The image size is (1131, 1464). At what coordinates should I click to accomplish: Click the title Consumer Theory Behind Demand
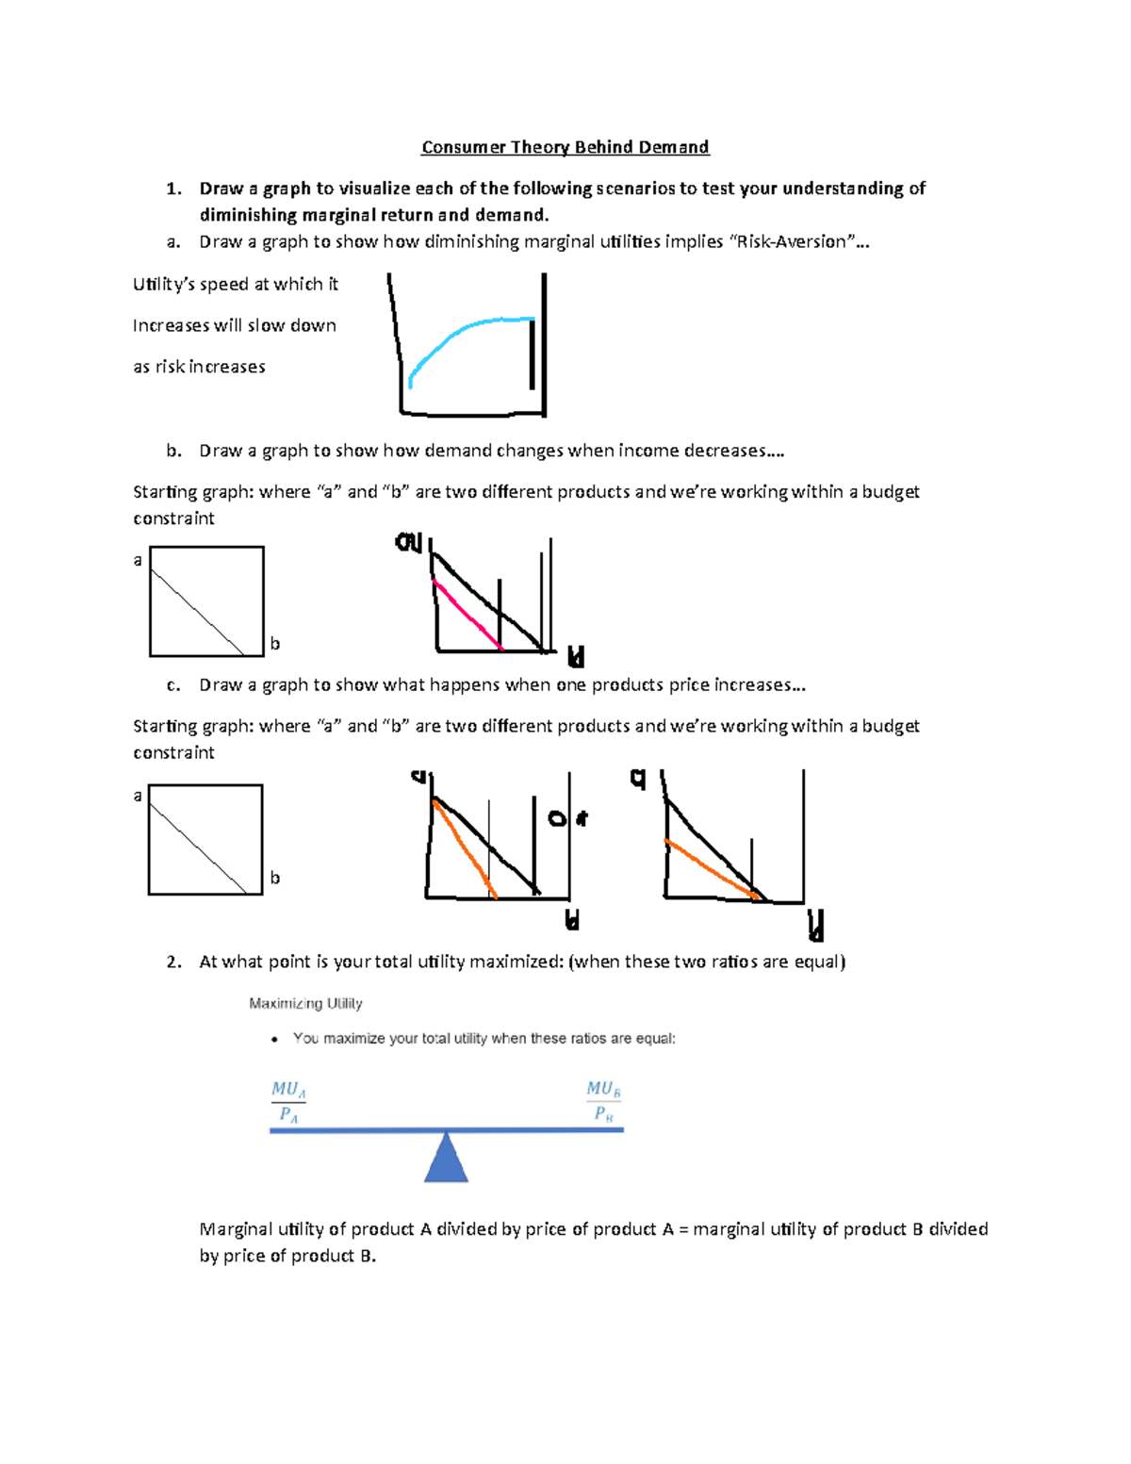[x=565, y=147]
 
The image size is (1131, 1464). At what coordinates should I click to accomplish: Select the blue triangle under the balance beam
[x=446, y=1160]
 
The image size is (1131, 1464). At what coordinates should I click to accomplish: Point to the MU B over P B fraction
[x=603, y=1101]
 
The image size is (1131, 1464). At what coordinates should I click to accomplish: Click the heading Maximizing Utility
[x=305, y=1004]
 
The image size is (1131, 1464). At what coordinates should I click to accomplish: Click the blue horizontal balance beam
[x=446, y=1129]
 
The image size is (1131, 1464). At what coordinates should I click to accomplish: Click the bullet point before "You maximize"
[x=274, y=1040]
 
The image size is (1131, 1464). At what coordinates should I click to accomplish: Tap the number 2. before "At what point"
[x=173, y=962]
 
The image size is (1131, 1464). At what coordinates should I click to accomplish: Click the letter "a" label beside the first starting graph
[x=138, y=561]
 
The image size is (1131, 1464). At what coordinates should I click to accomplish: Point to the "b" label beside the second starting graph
[x=275, y=878]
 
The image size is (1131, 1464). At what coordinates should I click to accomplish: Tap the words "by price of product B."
[x=287, y=1257]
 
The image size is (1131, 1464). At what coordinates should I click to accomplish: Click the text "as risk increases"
[x=199, y=367]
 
